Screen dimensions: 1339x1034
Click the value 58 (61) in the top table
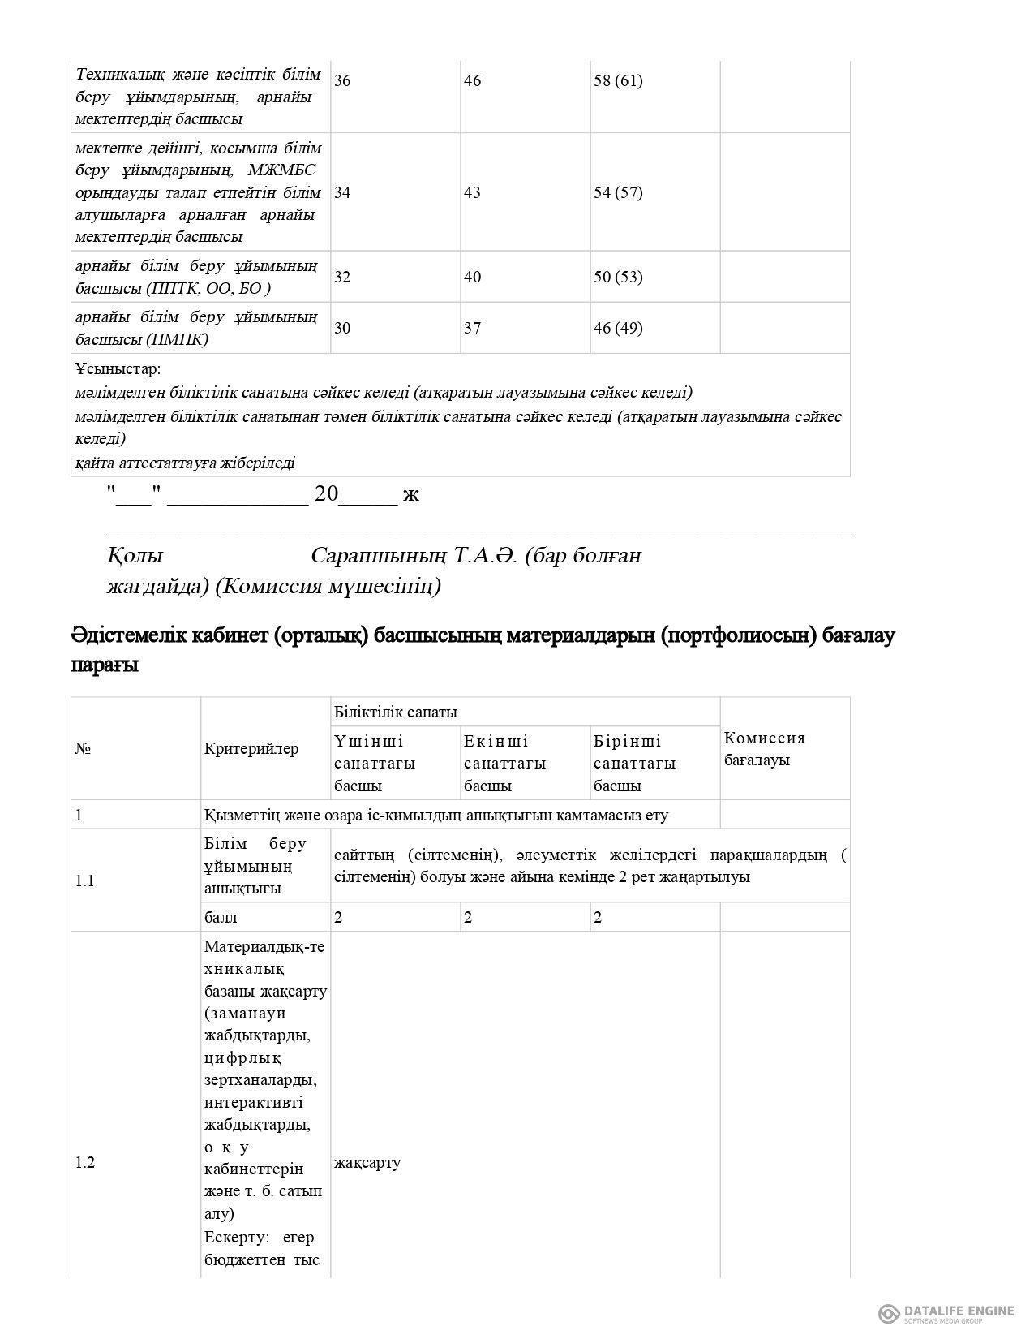618,80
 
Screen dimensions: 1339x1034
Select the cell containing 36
342,80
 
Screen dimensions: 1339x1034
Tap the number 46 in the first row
472,80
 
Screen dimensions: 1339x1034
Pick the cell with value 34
342,192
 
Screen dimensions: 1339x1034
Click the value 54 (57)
618,192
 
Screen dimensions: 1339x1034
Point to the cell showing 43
472,192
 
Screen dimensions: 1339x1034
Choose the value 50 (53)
618,277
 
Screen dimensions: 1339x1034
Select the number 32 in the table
342,277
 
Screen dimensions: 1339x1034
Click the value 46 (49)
618,328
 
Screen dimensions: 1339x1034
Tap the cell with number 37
472,328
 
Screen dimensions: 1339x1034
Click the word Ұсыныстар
118,369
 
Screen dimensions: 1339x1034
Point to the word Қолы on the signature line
135,556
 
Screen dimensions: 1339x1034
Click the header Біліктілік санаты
396,712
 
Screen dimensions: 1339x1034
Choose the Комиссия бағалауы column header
765,749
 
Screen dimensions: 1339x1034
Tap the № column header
83,748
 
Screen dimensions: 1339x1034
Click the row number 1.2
85,1163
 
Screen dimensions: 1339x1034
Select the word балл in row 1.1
221,918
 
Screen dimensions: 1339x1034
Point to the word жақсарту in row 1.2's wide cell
367,1163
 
